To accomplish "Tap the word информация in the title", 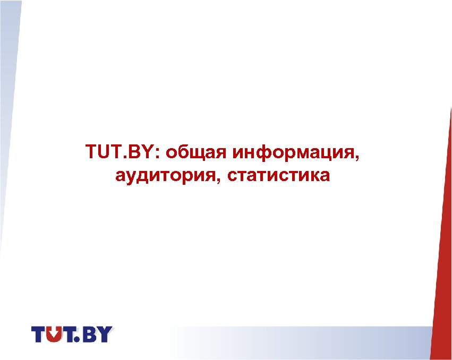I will point(293,152).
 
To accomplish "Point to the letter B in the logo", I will point(91,335).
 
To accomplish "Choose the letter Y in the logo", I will point(105,335).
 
